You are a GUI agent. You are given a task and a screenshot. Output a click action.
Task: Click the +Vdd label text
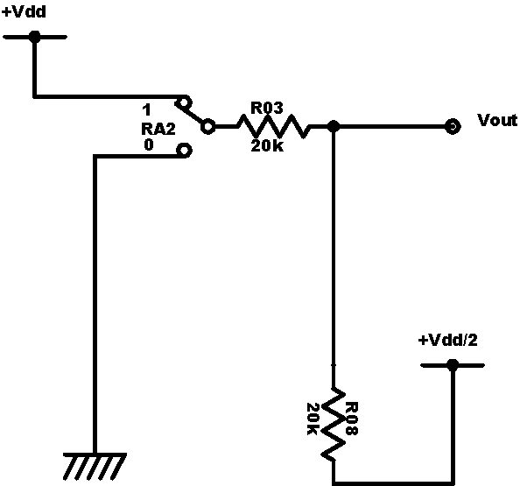click(24, 12)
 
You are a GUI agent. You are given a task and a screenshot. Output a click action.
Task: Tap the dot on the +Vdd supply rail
click(34, 37)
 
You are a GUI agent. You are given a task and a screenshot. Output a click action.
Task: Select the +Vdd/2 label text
click(447, 341)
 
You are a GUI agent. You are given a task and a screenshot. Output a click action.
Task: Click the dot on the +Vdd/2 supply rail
click(453, 365)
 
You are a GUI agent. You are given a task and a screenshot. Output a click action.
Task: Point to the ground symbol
click(95, 466)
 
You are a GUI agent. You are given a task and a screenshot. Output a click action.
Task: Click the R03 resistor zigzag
click(274, 126)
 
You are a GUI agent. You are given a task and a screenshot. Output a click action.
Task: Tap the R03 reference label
click(267, 109)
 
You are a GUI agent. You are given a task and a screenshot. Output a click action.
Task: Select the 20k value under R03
click(267, 146)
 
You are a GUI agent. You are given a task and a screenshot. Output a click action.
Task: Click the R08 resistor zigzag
click(334, 424)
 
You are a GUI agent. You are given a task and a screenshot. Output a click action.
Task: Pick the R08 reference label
click(352, 419)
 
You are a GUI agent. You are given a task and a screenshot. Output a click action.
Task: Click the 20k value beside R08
click(313, 419)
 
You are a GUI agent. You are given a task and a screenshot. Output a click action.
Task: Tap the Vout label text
click(497, 121)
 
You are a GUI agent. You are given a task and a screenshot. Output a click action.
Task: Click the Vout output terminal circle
click(453, 126)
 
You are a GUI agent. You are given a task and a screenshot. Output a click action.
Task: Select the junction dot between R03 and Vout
click(334, 126)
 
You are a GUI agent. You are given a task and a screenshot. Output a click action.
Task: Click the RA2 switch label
click(158, 129)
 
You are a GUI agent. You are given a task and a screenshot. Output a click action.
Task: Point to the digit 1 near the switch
click(146, 109)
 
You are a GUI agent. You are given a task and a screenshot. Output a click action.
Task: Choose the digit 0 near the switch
click(149, 144)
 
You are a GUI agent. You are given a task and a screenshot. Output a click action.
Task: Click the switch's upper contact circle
click(184, 102)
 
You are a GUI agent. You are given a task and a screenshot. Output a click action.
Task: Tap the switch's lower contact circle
click(184, 151)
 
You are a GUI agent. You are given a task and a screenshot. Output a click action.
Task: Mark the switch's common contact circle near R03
click(207, 126)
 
